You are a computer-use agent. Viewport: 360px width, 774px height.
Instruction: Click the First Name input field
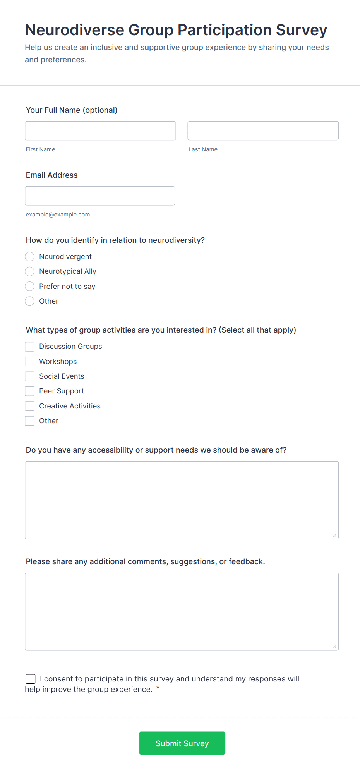pos(100,131)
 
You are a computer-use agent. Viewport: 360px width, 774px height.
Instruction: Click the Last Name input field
pos(263,131)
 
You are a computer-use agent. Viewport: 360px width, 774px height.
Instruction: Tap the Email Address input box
pos(100,196)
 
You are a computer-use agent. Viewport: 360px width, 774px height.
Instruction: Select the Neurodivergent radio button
pos(30,257)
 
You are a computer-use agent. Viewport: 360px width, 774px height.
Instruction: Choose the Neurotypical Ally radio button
pos(30,271)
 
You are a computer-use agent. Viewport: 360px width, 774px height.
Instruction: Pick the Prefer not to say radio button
pos(30,287)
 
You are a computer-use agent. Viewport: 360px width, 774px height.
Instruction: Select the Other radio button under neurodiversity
pos(30,301)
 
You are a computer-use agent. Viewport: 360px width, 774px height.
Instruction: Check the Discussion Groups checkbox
pos(30,347)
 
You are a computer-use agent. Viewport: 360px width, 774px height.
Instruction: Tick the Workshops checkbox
pos(30,362)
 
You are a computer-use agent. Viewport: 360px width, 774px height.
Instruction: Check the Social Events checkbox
pos(30,376)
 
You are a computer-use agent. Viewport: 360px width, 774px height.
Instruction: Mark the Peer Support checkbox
pos(30,391)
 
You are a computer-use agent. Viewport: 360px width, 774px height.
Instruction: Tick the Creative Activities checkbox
pos(30,406)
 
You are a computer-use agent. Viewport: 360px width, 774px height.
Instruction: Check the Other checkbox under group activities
pos(30,421)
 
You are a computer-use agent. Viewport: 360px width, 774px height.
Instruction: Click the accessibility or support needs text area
pos(182,500)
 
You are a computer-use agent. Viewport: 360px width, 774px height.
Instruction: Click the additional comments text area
pos(182,611)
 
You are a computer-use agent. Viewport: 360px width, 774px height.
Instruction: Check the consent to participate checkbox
pos(31,679)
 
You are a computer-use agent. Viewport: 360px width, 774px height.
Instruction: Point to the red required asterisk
pos(158,688)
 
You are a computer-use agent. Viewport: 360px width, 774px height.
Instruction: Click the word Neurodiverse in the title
pos(74,30)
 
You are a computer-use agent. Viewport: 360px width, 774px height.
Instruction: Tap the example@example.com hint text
pos(58,215)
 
